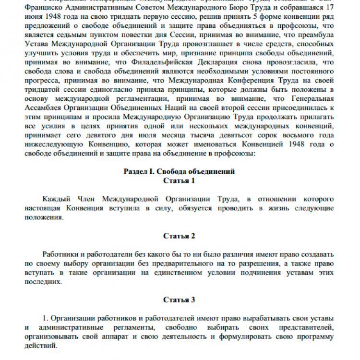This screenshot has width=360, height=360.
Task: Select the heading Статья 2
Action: pos(179,236)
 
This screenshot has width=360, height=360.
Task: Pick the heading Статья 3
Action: pos(179,300)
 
